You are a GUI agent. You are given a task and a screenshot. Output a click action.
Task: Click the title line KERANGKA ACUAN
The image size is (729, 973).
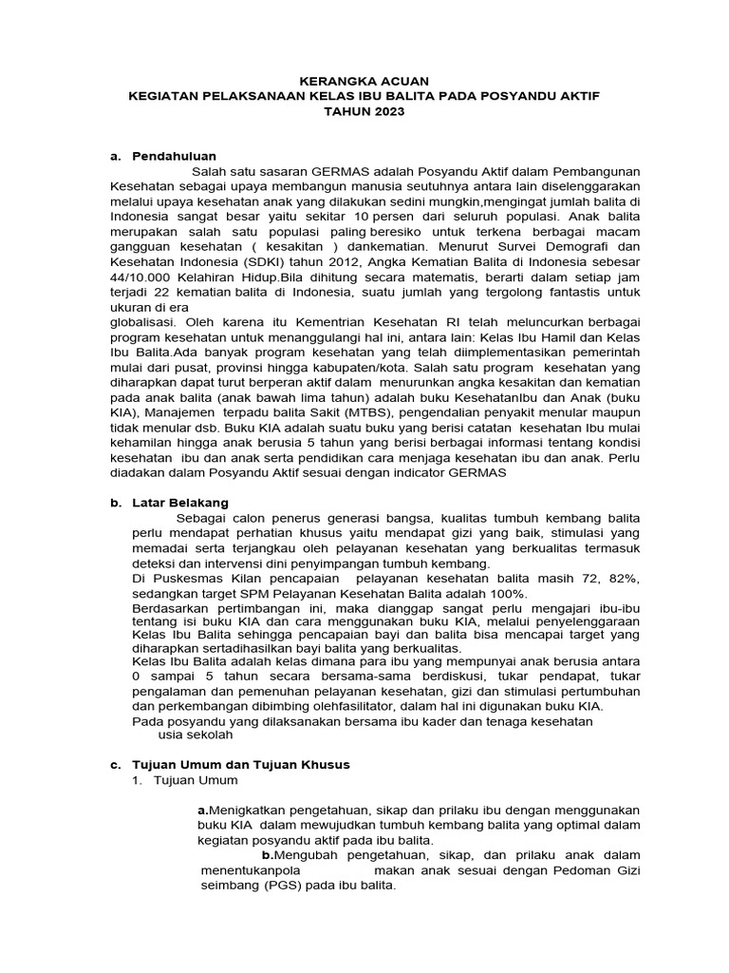pyautogui.click(x=364, y=83)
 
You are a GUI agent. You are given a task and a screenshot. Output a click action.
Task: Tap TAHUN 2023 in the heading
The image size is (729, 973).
pyautogui.click(x=364, y=111)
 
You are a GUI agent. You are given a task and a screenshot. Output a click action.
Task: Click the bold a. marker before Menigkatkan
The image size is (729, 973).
pyautogui.click(x=202, y=810)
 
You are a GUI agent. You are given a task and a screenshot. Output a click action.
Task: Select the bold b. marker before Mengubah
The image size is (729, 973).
pyautogui.click(x=269, y=855)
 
